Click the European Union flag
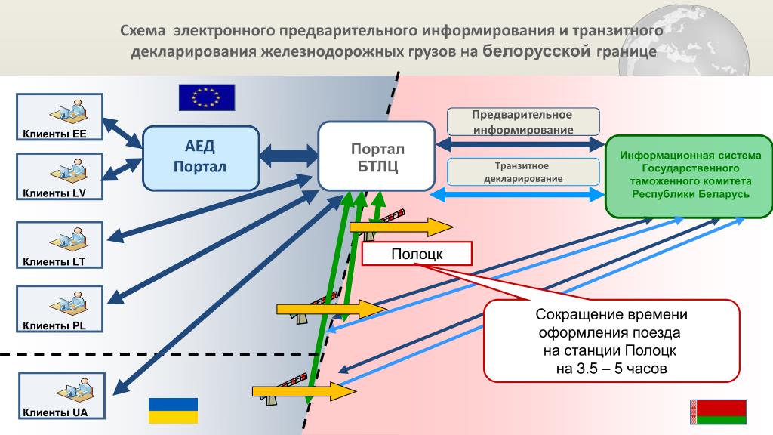207,97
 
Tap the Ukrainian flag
173,410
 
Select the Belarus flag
718,412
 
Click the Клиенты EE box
60,117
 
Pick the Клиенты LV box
60,176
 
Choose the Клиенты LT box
60,245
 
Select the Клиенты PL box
60,309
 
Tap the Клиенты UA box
62,396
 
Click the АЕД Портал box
201,158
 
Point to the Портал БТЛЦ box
377,156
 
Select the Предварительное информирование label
523,122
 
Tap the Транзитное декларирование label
523,172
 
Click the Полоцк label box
417,254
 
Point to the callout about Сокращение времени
611,341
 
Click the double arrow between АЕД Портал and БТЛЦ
289,156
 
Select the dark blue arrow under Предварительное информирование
521,144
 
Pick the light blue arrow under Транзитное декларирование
518,194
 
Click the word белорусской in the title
536,51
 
